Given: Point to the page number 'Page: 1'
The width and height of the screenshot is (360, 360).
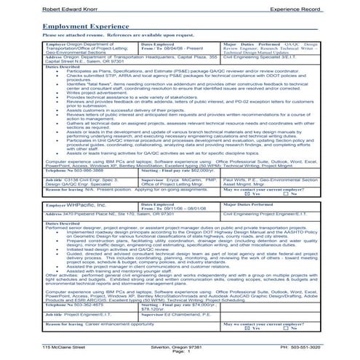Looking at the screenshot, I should (180, 353).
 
